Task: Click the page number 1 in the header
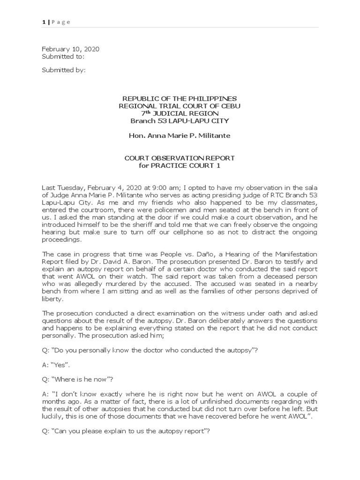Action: (43, 22)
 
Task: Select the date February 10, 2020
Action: (70, 49)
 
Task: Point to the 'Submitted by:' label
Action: (64, 70)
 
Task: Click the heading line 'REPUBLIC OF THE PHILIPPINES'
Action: (180, 98)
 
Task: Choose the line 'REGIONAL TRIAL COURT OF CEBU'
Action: (180, 106)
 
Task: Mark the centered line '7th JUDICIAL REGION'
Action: (180, 113)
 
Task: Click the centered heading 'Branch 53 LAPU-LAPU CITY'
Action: (180, 120)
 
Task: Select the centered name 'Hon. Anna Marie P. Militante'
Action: (180, 135)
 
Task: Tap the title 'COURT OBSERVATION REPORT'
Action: (180, 158)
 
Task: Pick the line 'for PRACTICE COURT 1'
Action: (180, 166)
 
